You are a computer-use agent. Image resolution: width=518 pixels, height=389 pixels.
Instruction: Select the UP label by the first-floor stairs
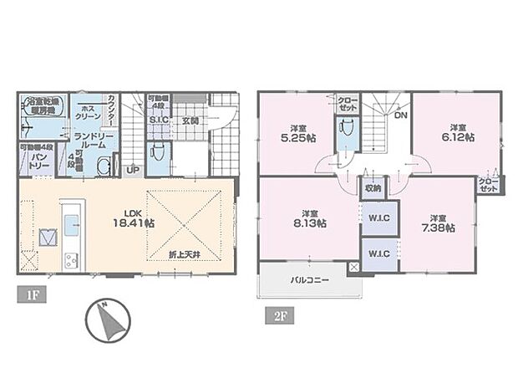click(132, 171)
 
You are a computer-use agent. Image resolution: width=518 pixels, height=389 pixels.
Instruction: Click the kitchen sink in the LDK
click(72, 223)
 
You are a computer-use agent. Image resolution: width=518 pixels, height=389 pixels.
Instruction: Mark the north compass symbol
click(108, 319)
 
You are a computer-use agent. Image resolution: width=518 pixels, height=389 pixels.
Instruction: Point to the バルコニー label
click(308, 281)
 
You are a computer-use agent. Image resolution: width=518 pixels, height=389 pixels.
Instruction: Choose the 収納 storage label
click(373, 188)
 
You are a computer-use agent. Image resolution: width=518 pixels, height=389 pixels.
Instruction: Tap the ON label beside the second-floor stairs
click(400, 115)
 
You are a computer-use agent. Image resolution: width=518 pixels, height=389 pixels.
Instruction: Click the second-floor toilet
click(347, 132)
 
